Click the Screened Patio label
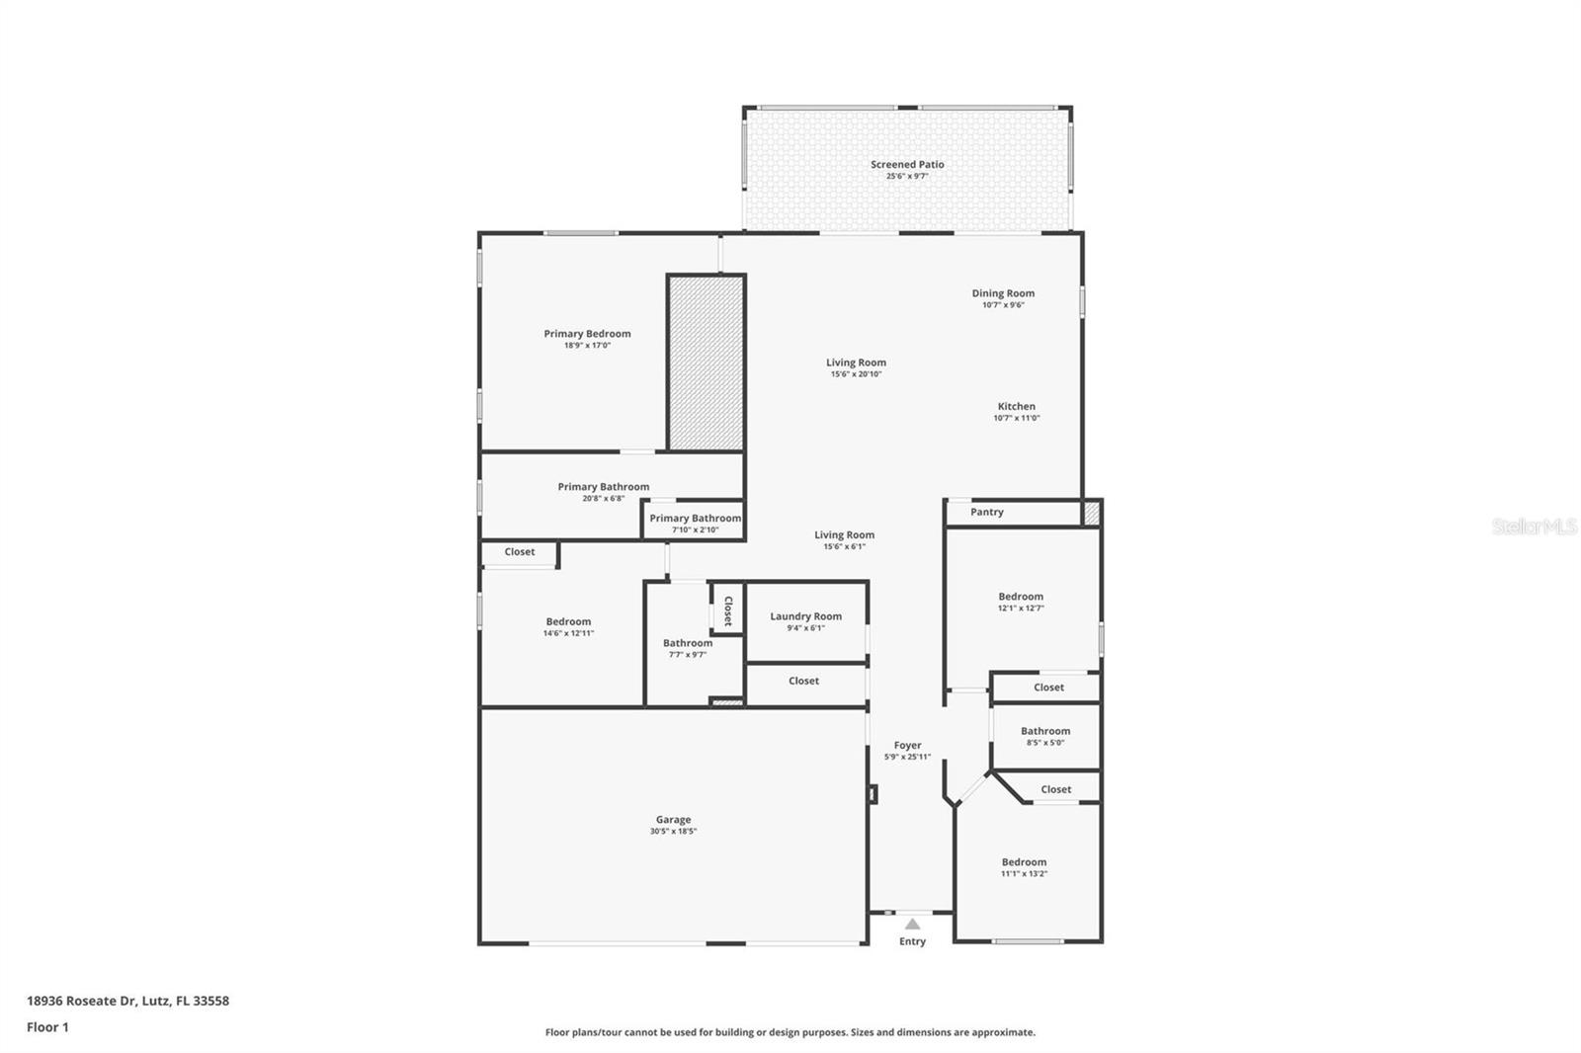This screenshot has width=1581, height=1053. [907, 165]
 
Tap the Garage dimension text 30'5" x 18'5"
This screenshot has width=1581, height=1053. [673, 832]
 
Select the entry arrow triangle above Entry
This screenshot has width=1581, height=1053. [912, 925]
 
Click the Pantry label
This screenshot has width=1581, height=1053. [986, 512]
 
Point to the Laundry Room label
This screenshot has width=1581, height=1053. [805, 616]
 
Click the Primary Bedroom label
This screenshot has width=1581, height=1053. [587, 334]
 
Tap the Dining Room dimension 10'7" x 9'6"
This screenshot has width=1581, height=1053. [1003, 305]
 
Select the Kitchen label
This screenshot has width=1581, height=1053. [1016, 406]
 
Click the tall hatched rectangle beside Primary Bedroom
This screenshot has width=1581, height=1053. [706, 363]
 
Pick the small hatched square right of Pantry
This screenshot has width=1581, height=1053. [1091, 513]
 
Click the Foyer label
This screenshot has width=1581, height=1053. [907, 746]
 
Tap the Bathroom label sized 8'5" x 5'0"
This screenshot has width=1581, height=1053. [1044, 731]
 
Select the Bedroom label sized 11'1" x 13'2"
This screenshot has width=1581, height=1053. [1023, 862]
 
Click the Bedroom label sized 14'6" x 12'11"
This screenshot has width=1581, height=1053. [568, 621]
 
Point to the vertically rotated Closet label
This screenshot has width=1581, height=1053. [728, 610]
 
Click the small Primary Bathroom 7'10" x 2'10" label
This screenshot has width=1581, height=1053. [695, 519]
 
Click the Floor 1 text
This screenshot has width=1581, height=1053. [47, 1027]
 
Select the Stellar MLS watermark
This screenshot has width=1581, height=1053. [1534, 526]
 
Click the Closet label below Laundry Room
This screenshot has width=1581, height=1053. [803, 681]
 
